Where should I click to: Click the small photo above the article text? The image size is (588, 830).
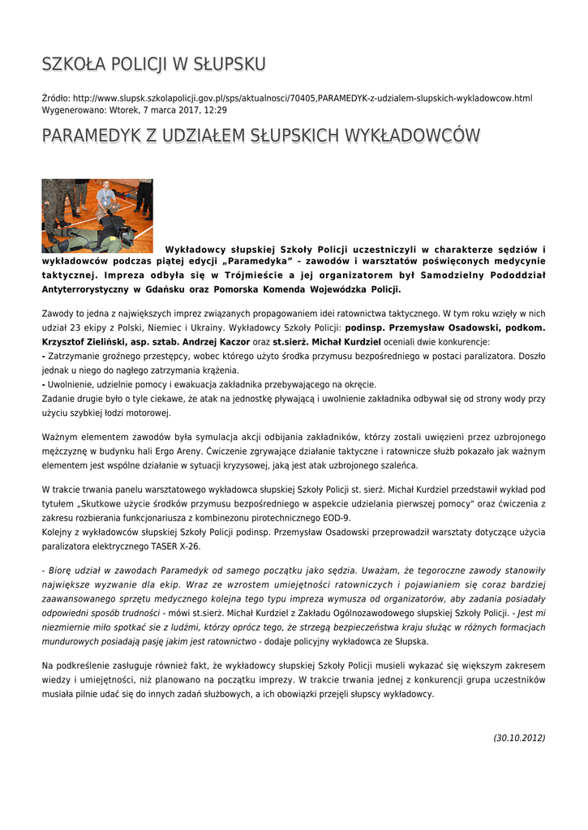[x=97, y=216]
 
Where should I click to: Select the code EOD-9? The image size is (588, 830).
[x=335, y=518]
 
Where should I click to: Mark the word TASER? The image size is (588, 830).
[x=162, y=546]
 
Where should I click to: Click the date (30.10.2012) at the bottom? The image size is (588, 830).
[x=519, y=738]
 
